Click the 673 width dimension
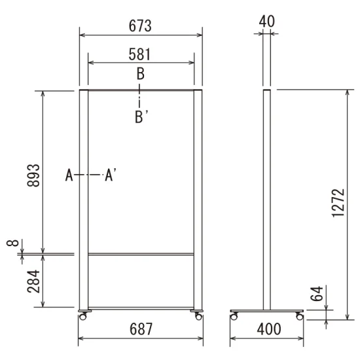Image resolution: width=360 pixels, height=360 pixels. tap(140, 26)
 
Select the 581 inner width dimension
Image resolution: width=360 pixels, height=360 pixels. tap(139, 54)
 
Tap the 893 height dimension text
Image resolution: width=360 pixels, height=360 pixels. tap(33, 175)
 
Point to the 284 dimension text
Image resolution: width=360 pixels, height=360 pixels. tap(33, 281)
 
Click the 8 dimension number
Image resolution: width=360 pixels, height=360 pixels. tap(12, 243)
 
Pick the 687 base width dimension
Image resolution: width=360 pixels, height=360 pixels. tap(141, 329)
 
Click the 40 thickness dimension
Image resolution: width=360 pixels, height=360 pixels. tap(267, 22)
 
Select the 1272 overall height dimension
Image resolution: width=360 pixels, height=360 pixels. tap(338, 203)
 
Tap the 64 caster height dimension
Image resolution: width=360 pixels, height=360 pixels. tap(317, 294)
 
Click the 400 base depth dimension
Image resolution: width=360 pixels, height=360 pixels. tap(269, 329)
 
